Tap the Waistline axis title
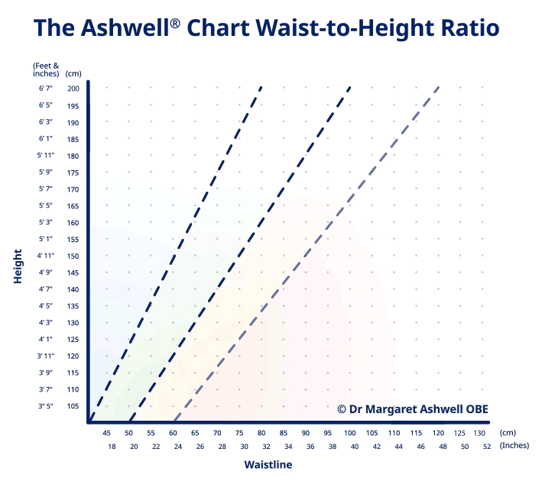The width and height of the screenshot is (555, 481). [x=268, y=464]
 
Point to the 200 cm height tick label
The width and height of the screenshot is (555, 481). [x=73, y=89]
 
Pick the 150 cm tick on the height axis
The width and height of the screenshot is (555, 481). [x=73, y=256]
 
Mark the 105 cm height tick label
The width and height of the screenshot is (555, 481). [x=73, y=405]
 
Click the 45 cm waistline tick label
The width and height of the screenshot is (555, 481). [x=106, y=433]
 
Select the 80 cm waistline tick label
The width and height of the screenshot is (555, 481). [x=261, y=433]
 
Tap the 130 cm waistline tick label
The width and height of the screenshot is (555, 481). [x=481, y=433]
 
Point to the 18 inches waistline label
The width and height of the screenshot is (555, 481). [x=112, y=446]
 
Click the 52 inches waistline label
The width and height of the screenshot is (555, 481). [x=487, y=446]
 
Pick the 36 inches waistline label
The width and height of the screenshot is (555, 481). [x=310, y=446]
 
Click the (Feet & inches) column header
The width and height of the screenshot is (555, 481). [x=45, y=69]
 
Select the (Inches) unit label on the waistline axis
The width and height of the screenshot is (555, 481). [x=514, y=446]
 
